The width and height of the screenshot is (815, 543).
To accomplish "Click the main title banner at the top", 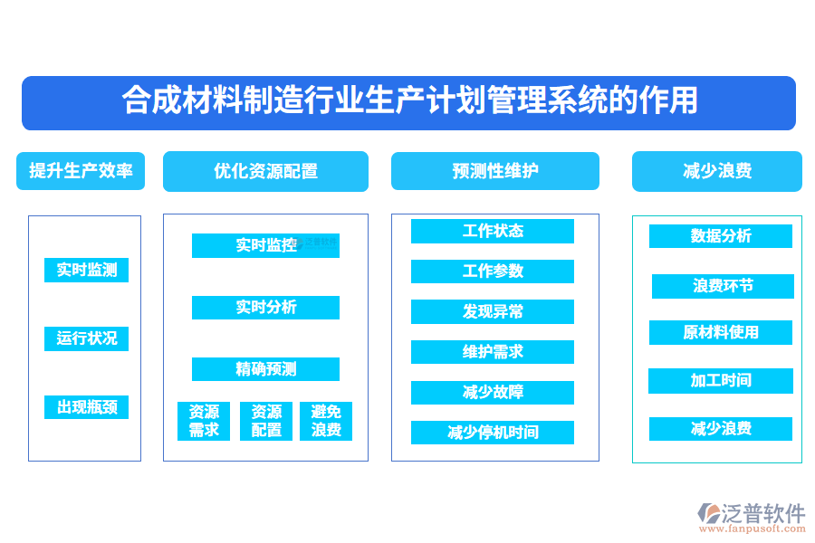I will [408, 101].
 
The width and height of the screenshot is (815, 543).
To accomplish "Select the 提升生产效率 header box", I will [81, 170].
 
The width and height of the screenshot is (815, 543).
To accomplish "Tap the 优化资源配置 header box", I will [265, 171].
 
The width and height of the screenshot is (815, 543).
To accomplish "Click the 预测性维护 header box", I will [494, 170].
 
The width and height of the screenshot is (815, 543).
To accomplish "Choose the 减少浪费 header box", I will [716, 171].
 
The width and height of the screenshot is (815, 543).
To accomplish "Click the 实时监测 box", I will [86, 270].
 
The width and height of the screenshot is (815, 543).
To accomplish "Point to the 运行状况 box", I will [86, 338].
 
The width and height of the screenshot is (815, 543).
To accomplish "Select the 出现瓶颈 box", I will [86, 407].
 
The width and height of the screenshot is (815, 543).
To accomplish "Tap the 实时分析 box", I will [265, 308].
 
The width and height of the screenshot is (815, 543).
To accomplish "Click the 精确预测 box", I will [265, 369].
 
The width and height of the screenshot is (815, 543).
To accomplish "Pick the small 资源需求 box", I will [204, 421].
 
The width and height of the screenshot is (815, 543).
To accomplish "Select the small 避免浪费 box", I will [326, 421].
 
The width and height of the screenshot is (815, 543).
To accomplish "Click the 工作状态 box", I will [492, 231].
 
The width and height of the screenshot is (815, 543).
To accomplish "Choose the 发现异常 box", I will [492, 312].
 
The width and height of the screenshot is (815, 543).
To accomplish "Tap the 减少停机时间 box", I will [492, 433].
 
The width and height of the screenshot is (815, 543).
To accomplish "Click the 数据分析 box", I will [720, 236].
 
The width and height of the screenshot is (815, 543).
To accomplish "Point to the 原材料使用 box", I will [720, 333].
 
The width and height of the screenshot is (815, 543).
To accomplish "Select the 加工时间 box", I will [720, 381].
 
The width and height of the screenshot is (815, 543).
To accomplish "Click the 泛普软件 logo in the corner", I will [752, 513].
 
